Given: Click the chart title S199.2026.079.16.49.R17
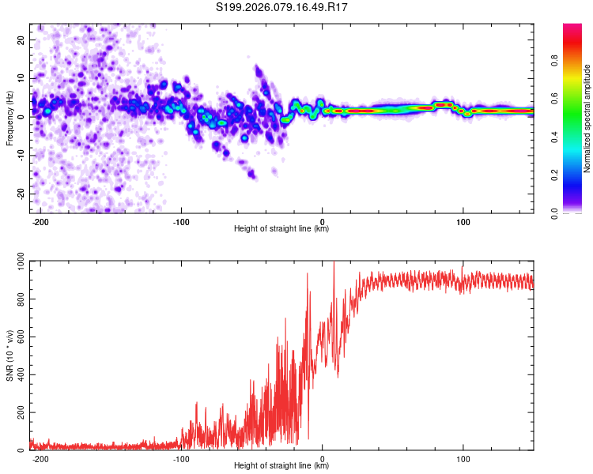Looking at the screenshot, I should point(282,7).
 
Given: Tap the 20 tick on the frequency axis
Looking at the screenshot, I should point(21,39).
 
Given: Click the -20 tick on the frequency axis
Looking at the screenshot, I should point(20,194).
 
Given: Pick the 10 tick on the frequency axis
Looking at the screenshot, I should point(21,77).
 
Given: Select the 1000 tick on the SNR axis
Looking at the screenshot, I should point(16,261).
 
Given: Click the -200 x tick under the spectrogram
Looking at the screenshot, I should point(41,221).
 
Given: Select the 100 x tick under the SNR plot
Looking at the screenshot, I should point(463,458).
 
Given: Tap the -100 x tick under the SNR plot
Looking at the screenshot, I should point(181,458).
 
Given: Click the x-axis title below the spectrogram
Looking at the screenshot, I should point(281,229).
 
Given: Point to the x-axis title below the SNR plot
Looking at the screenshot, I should point(281,466).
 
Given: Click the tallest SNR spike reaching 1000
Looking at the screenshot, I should point(334,263).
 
